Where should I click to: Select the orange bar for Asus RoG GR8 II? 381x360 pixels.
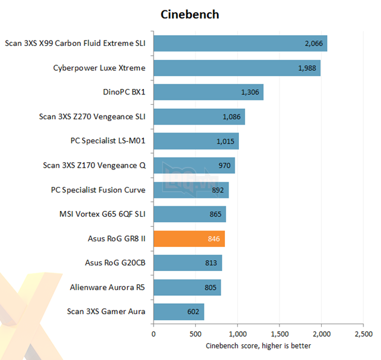189,239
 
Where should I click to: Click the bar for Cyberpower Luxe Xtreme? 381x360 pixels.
236,68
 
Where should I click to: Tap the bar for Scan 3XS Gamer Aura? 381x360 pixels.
178,312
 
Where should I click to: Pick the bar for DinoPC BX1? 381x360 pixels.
208,92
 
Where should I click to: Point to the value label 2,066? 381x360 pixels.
314,44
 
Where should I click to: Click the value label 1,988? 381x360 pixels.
308,68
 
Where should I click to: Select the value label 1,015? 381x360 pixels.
226,141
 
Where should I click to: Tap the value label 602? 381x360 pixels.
192,312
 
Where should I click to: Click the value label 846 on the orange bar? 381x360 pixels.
213,239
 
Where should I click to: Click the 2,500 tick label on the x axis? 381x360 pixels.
363,333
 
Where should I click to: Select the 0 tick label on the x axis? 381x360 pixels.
154,333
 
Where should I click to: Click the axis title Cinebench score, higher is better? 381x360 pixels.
258,346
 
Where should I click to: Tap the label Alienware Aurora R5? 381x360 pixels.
108,287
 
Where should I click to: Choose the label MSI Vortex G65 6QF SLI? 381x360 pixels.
102,214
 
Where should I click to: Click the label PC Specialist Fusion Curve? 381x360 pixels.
98,190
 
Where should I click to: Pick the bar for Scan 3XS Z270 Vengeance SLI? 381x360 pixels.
199,117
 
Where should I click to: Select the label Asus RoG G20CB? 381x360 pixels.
116,263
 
